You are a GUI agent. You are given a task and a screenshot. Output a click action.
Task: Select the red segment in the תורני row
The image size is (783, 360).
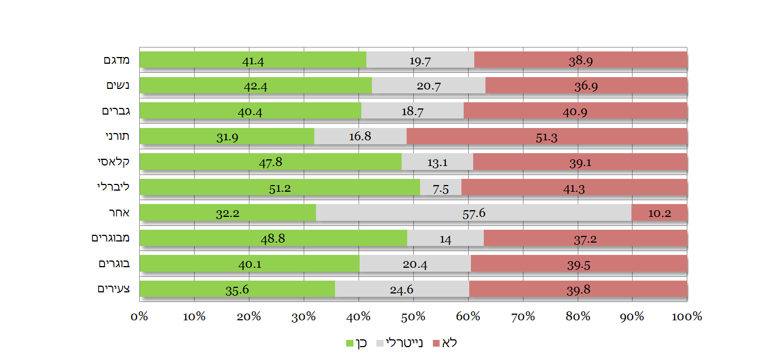tap(547, 136)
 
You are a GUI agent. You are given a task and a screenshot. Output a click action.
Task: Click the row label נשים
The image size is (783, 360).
tap(118, 86)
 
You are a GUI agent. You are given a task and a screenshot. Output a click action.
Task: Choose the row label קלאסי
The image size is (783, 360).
tap(114, 162)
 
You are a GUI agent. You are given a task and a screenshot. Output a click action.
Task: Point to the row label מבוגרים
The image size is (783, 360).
tap(111, 238)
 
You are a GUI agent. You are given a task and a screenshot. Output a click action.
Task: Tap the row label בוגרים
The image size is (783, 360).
tap(114, 263)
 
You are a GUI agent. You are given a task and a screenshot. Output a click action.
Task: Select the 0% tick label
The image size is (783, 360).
tap(139, 317)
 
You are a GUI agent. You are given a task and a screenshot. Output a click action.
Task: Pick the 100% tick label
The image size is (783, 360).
tap(687, 317)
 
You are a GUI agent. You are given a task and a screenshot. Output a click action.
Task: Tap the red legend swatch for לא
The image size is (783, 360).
tap(437, 343)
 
